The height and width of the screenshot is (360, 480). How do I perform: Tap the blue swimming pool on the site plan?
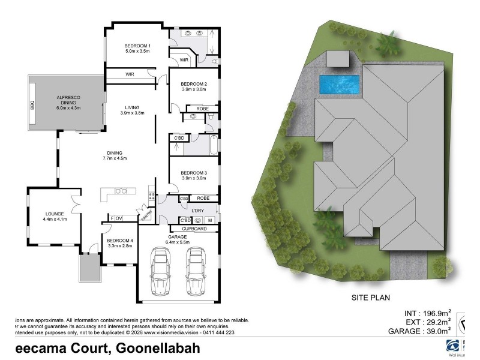click(340, 85)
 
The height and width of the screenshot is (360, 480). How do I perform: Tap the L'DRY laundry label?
click(199, 210)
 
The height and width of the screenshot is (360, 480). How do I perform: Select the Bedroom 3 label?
click(193, 175)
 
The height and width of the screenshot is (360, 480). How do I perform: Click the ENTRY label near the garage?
click(145, 215)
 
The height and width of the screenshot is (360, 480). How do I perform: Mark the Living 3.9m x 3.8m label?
click(133, 110)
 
